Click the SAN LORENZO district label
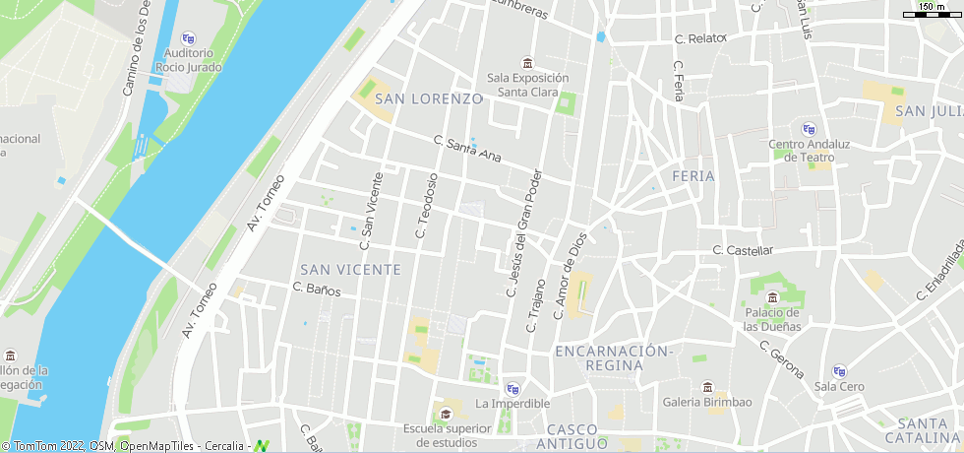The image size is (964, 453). (429, 99)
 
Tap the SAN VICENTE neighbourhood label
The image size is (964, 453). (350, 270)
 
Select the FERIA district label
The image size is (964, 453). (693, 176)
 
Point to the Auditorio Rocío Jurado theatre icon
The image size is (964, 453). (189, 38)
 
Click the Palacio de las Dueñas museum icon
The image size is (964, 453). (772, 298)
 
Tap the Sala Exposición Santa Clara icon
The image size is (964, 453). (528, 64)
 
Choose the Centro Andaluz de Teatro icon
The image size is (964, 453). (809, 129)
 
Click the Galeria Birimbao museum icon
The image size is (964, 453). (707, 387)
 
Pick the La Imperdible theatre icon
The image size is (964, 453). (512, 389)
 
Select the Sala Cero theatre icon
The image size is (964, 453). (839, 371)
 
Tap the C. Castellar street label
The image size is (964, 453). (743, 251)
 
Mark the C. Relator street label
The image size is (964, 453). (699, 39)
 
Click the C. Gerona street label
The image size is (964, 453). (782, 359)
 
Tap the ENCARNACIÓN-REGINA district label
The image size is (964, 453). (613, 358)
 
